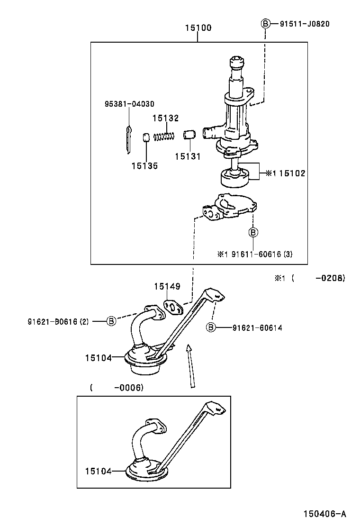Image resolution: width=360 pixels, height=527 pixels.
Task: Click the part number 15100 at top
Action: [x=198, y=28]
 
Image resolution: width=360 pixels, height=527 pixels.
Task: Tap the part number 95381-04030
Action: [x=129, y=104]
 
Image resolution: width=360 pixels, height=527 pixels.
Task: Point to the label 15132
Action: [x=165, y=118]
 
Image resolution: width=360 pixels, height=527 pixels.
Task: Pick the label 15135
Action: [x=144, y=166]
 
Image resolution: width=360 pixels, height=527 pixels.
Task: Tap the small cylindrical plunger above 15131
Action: [x=189, y=135]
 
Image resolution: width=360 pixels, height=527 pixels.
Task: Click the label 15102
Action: [x=292, y=173]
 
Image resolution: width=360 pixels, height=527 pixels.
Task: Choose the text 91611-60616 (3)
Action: [x=261, y=254]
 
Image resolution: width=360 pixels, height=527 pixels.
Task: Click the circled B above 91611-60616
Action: [x=253, y=232]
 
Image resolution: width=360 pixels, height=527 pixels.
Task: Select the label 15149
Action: [x=167, y=286]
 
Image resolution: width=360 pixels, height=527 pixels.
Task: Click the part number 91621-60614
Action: [x=257, y=327]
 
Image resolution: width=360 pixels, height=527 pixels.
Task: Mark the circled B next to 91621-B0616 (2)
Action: [x=111, y=321]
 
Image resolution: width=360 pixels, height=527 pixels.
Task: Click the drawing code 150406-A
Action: [x=325, y=514]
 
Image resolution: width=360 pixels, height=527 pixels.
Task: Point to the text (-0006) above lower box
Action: [x=117, y=388]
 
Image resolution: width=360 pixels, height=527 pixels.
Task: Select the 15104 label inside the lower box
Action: [x=99, y=471]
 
